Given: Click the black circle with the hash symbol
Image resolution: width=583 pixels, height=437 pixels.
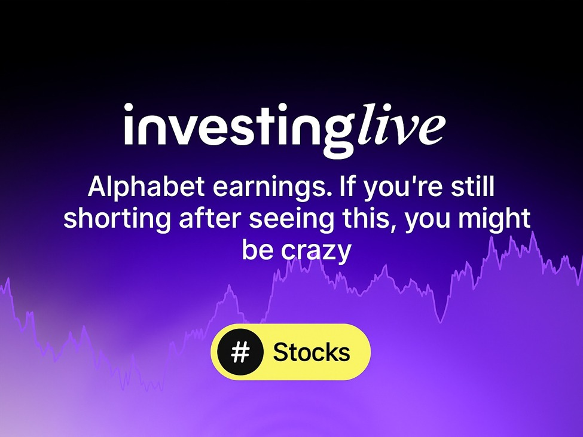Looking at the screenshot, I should (240, 352).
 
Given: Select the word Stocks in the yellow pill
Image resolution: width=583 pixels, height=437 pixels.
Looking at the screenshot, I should (312, 352).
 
